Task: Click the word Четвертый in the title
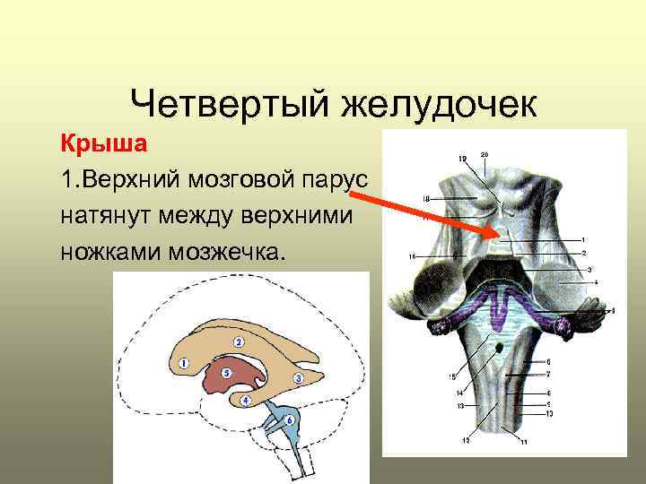point(227,104)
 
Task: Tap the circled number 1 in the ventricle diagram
point(183,364)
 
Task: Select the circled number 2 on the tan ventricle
point(239,342)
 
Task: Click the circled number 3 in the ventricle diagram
point(298,378)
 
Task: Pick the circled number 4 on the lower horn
point(245,401)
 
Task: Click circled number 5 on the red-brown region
point(227,372)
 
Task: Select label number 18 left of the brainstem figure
point(426,197)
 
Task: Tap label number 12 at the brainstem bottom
point(466,440)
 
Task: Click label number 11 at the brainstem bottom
point(524,443)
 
